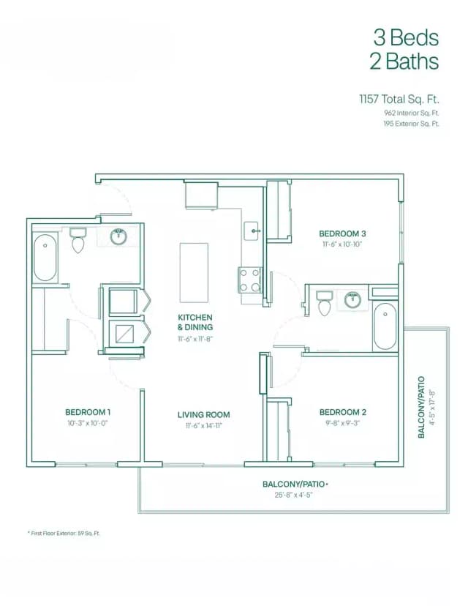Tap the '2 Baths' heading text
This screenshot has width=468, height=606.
404,61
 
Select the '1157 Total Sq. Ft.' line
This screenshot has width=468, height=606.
399,98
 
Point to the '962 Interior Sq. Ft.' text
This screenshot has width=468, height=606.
411,113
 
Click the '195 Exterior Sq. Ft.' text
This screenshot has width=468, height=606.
411,124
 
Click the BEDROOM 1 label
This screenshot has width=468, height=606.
87,412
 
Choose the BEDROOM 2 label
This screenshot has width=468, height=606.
343,412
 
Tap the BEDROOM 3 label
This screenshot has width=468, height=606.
342,234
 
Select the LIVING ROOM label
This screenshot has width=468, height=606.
199,415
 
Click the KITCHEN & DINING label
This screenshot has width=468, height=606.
194,323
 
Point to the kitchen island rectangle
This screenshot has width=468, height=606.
194,272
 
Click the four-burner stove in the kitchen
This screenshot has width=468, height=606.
250,279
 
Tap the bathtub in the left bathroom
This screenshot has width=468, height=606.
45,257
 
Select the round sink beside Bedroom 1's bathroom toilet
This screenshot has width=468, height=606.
118,236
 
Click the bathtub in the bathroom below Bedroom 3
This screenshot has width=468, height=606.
385,326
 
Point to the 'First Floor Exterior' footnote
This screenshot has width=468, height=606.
64,534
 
